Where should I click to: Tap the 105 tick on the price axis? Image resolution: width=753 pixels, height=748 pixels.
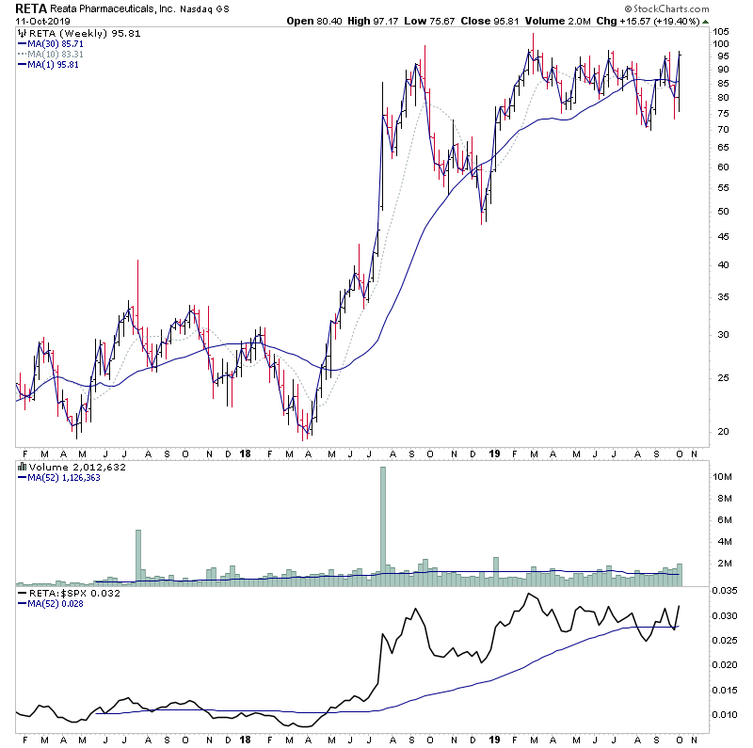click(x=721, y=32)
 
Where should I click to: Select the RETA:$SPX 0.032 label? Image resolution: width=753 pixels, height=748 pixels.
click(x=62, y=595)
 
